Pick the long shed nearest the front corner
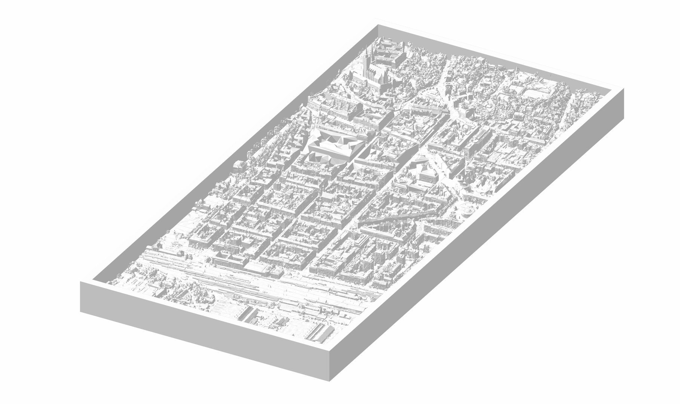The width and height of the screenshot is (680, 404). point(320,333)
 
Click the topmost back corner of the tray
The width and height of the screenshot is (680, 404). point(377,24)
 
